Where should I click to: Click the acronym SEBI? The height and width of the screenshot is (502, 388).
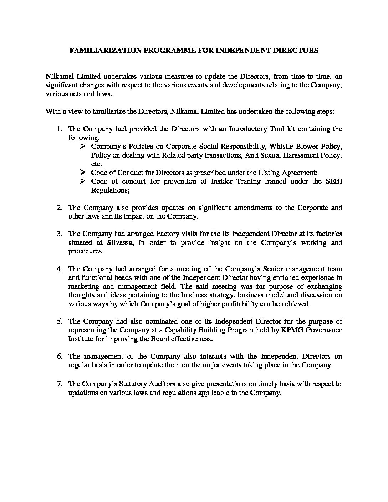tap(334, 181)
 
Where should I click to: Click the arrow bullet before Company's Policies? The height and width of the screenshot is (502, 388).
tap(83, 147)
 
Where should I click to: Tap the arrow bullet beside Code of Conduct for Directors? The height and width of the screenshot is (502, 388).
tap(83, 173)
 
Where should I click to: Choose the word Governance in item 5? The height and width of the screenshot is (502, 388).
tap(325, 330)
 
